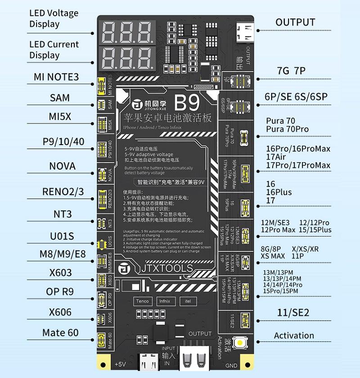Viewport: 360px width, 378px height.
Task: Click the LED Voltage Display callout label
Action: coord(54,18)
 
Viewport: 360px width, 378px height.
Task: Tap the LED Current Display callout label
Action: coord(54,50)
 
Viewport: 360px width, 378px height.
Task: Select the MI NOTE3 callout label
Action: coord(56,77)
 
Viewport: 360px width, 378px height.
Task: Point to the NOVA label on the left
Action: coord(62,166)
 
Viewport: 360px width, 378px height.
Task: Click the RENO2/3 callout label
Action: coord(63,191)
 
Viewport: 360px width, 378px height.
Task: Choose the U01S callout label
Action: coord(62,236)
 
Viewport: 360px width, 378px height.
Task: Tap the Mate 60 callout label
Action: coord(60,332)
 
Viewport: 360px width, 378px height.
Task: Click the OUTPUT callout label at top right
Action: coord(295,22)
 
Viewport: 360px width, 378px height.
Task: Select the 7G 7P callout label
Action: coord(291,71)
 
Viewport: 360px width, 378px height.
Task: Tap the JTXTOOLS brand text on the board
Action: coord(164,269)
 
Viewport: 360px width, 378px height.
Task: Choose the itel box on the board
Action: coord(186,301)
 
